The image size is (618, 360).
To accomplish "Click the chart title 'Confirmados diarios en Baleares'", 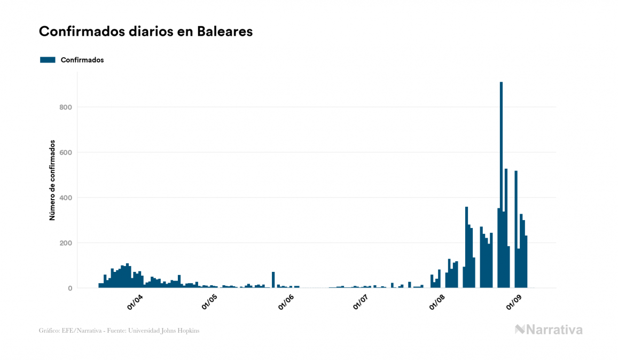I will tap(145, 32).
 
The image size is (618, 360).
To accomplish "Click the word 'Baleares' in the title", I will tap(224, 32).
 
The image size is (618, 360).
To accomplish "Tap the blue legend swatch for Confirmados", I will tap(48, 60).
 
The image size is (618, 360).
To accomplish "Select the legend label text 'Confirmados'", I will tap(82, 60).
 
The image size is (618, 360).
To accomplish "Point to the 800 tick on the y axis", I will tap(66, 107).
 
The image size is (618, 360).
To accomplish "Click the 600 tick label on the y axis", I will tap(66, 153).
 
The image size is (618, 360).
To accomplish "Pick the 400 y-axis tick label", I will tap(66, 198).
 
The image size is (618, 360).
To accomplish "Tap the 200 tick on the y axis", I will tap(66, 243).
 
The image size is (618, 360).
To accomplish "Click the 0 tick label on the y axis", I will tap(69, 288).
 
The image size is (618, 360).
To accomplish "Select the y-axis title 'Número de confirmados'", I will tap(52, 180).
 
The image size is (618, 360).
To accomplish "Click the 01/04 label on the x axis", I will tap(134, 303).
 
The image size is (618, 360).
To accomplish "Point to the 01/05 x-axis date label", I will tap(209, 303).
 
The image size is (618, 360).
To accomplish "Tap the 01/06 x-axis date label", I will tap(286, 303).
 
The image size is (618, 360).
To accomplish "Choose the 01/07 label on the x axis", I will tap(361, 303).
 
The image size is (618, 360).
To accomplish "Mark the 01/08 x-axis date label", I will tap(437, 303).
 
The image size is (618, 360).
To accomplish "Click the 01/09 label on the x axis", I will tap(513, 303).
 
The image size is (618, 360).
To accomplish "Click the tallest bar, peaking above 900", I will tap(501, 187).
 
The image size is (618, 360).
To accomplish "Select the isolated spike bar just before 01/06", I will tap(273, 280).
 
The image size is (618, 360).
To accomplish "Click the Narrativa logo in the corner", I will tap(549, 330).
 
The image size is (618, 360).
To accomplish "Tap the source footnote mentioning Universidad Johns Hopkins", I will tap(119, 331).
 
